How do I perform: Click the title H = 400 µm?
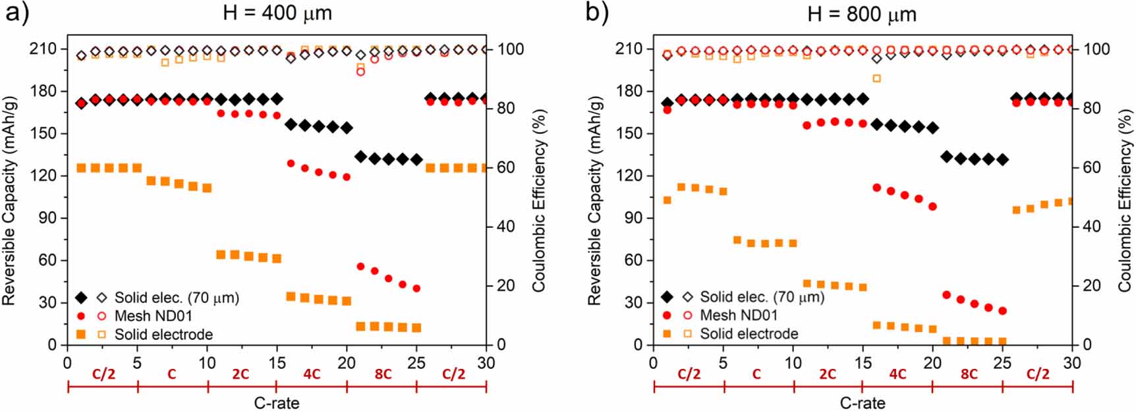(x=277, y=13)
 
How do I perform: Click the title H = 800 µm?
(x=862, y=14)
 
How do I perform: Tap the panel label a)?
(x=16, y=13)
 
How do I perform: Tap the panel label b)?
(x=598, y=13)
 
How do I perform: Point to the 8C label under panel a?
(x=382, y=374)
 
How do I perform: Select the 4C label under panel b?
(x=897, y=374)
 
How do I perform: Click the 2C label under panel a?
(x=240, y=374)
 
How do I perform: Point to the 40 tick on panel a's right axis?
(x=505, y=227)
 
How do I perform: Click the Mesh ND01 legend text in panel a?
(x=154, y=316)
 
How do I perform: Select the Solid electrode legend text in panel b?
(x=749, y=335)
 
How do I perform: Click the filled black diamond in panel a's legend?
(x=81, y=298)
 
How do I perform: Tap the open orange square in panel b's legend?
(x=687, y=335)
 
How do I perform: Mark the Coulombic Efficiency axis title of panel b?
(x=1124, y=198)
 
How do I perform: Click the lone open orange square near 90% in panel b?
(x=876, y=78)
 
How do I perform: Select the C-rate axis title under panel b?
(x=862, y=402)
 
